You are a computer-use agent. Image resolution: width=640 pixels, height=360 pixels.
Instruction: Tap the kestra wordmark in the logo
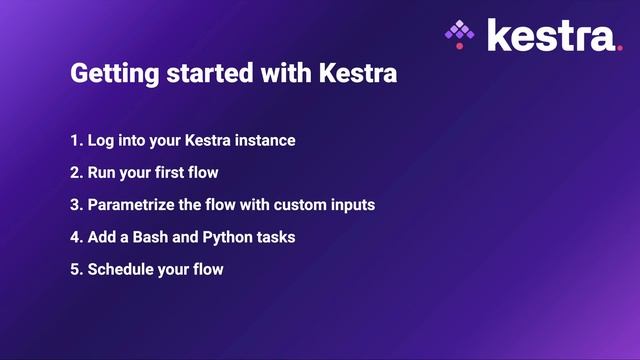pos(548,35)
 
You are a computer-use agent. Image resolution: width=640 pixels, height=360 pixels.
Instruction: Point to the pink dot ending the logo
pos(618,46)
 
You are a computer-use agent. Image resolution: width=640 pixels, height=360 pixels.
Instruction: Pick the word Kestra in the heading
pos(361,75)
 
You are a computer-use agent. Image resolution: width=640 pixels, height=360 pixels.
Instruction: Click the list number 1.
pos(75,140)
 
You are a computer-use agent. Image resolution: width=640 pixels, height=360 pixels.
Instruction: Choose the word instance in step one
pos(264,140)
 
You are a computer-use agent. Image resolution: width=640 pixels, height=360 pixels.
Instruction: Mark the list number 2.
pos(75,172)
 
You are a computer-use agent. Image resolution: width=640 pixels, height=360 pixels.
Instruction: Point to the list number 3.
pos(75,205)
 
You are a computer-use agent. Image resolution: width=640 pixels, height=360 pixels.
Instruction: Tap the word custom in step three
pos(297,205)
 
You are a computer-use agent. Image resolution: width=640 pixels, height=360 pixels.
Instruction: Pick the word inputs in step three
pos(351,205)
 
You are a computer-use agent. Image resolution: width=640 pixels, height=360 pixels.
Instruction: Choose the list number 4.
pos(75,237)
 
